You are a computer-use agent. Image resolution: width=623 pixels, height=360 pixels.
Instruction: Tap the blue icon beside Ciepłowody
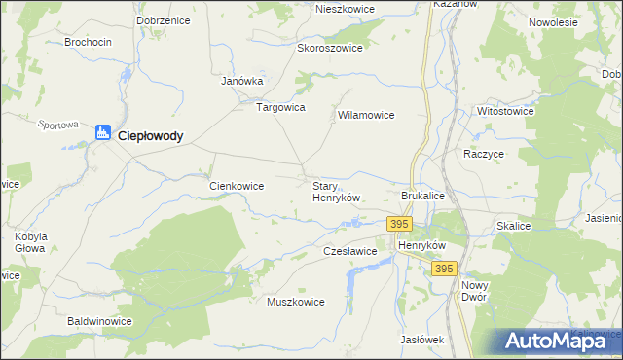(x=103, y=133)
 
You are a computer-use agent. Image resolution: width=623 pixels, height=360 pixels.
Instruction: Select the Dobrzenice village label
(x=164, y=19)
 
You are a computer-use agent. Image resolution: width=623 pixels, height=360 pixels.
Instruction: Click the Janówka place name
(x=242, y=82)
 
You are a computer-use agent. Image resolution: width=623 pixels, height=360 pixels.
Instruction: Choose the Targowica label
(x=280, y=107)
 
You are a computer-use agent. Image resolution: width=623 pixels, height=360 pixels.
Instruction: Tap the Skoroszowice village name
(x=330, y=48)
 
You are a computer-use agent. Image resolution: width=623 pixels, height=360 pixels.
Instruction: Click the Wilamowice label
(x=365, y=115)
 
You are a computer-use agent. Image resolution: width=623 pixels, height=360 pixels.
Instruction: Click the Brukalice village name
(x=422, y=196)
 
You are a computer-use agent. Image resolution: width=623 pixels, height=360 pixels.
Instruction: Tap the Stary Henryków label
(x=336, y=191)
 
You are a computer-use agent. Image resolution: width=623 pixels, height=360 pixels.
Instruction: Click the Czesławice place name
(x=349, y=251)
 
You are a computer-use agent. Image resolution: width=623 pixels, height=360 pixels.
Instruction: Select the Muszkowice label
(x=295, y=302)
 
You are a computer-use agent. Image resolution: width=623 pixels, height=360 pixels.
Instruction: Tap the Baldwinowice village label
(x=99, y=320)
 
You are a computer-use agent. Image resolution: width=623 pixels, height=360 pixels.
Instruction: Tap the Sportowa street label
(x=57, y=125)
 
